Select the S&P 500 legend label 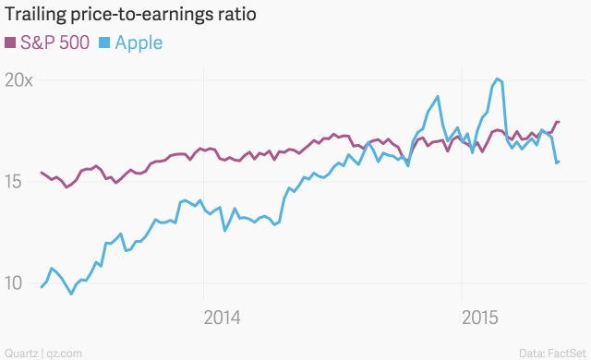pos(55,42)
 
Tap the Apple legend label pos(139,42)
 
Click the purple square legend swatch pos(11,42)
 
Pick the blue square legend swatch pos(104,42)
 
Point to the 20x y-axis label pos(18,80)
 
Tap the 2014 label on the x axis pos(222,318)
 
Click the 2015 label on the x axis pos(480,318)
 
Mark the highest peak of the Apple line pos(498,78)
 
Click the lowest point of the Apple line pos(71,294)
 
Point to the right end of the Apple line pos(560,162)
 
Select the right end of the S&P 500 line pos(560,122)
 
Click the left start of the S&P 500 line pos(42,173)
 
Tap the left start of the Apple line pos(42,287)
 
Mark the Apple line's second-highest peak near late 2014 pos(437,96)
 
